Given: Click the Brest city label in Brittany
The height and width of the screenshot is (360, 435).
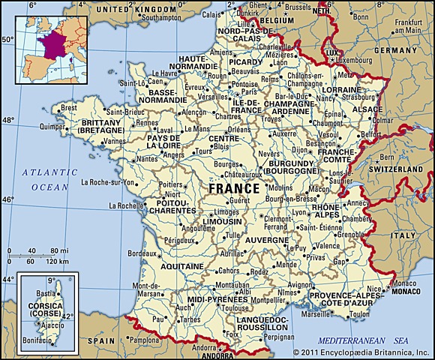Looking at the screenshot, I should pyautogui.click(x=69, y=108).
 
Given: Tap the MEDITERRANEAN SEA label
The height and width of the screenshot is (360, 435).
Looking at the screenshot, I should pyautogui.click(x=362, y=340).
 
